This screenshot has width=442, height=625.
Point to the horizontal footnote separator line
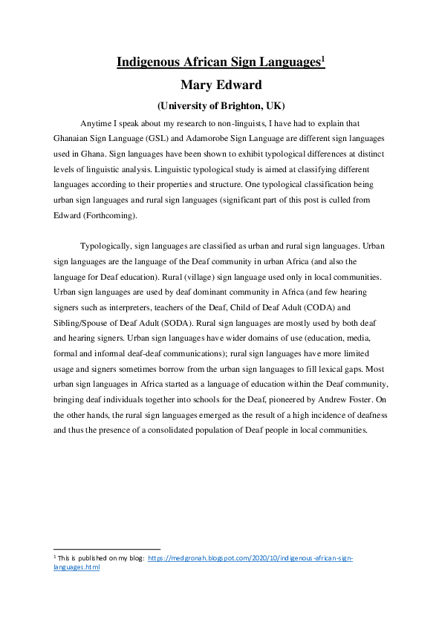107,549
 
